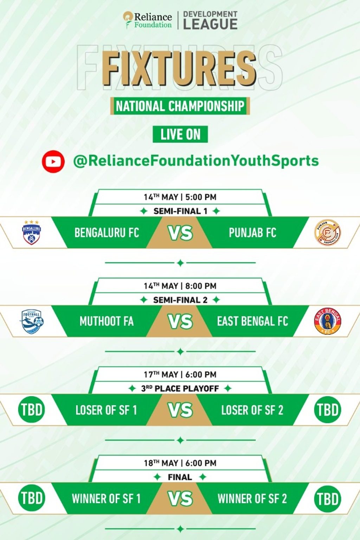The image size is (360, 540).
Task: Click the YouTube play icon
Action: pyautogui.click(x=53, y=161)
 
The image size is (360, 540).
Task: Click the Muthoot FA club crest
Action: pyautogui.click(x=32, y=321)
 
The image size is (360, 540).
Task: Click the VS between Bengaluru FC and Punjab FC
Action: pyautogui.click(x=180, y=233)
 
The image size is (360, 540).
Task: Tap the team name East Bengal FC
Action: pyautogui.click(x=252, y=321)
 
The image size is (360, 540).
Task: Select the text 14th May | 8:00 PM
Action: pyautogui.click(x=180, y=286)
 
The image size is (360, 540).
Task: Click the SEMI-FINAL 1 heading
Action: pyautogui.click(x=180, y=211)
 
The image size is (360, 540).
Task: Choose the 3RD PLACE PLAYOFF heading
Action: pyautogui.click(x=180, y=388)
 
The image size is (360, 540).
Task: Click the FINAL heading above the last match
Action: pyautogui.click(x=180, y=477)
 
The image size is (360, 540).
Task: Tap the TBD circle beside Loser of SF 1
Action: pyautogui.click(x=32, y=410)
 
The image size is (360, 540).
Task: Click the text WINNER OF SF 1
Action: pyautogui.click(x=106, y=498)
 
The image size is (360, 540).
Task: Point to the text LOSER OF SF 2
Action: pyautogui.click(x=252, y=410)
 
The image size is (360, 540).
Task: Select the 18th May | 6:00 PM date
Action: pyautogui.click(x=180, y=463)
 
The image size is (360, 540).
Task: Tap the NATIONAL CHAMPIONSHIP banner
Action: pyautogui.click(x=180, y=106)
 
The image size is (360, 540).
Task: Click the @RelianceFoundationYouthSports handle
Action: pyautogui.click(x=196, y=161)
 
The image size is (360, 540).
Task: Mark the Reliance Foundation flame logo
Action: pyautogui.click(x=128, y=20)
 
